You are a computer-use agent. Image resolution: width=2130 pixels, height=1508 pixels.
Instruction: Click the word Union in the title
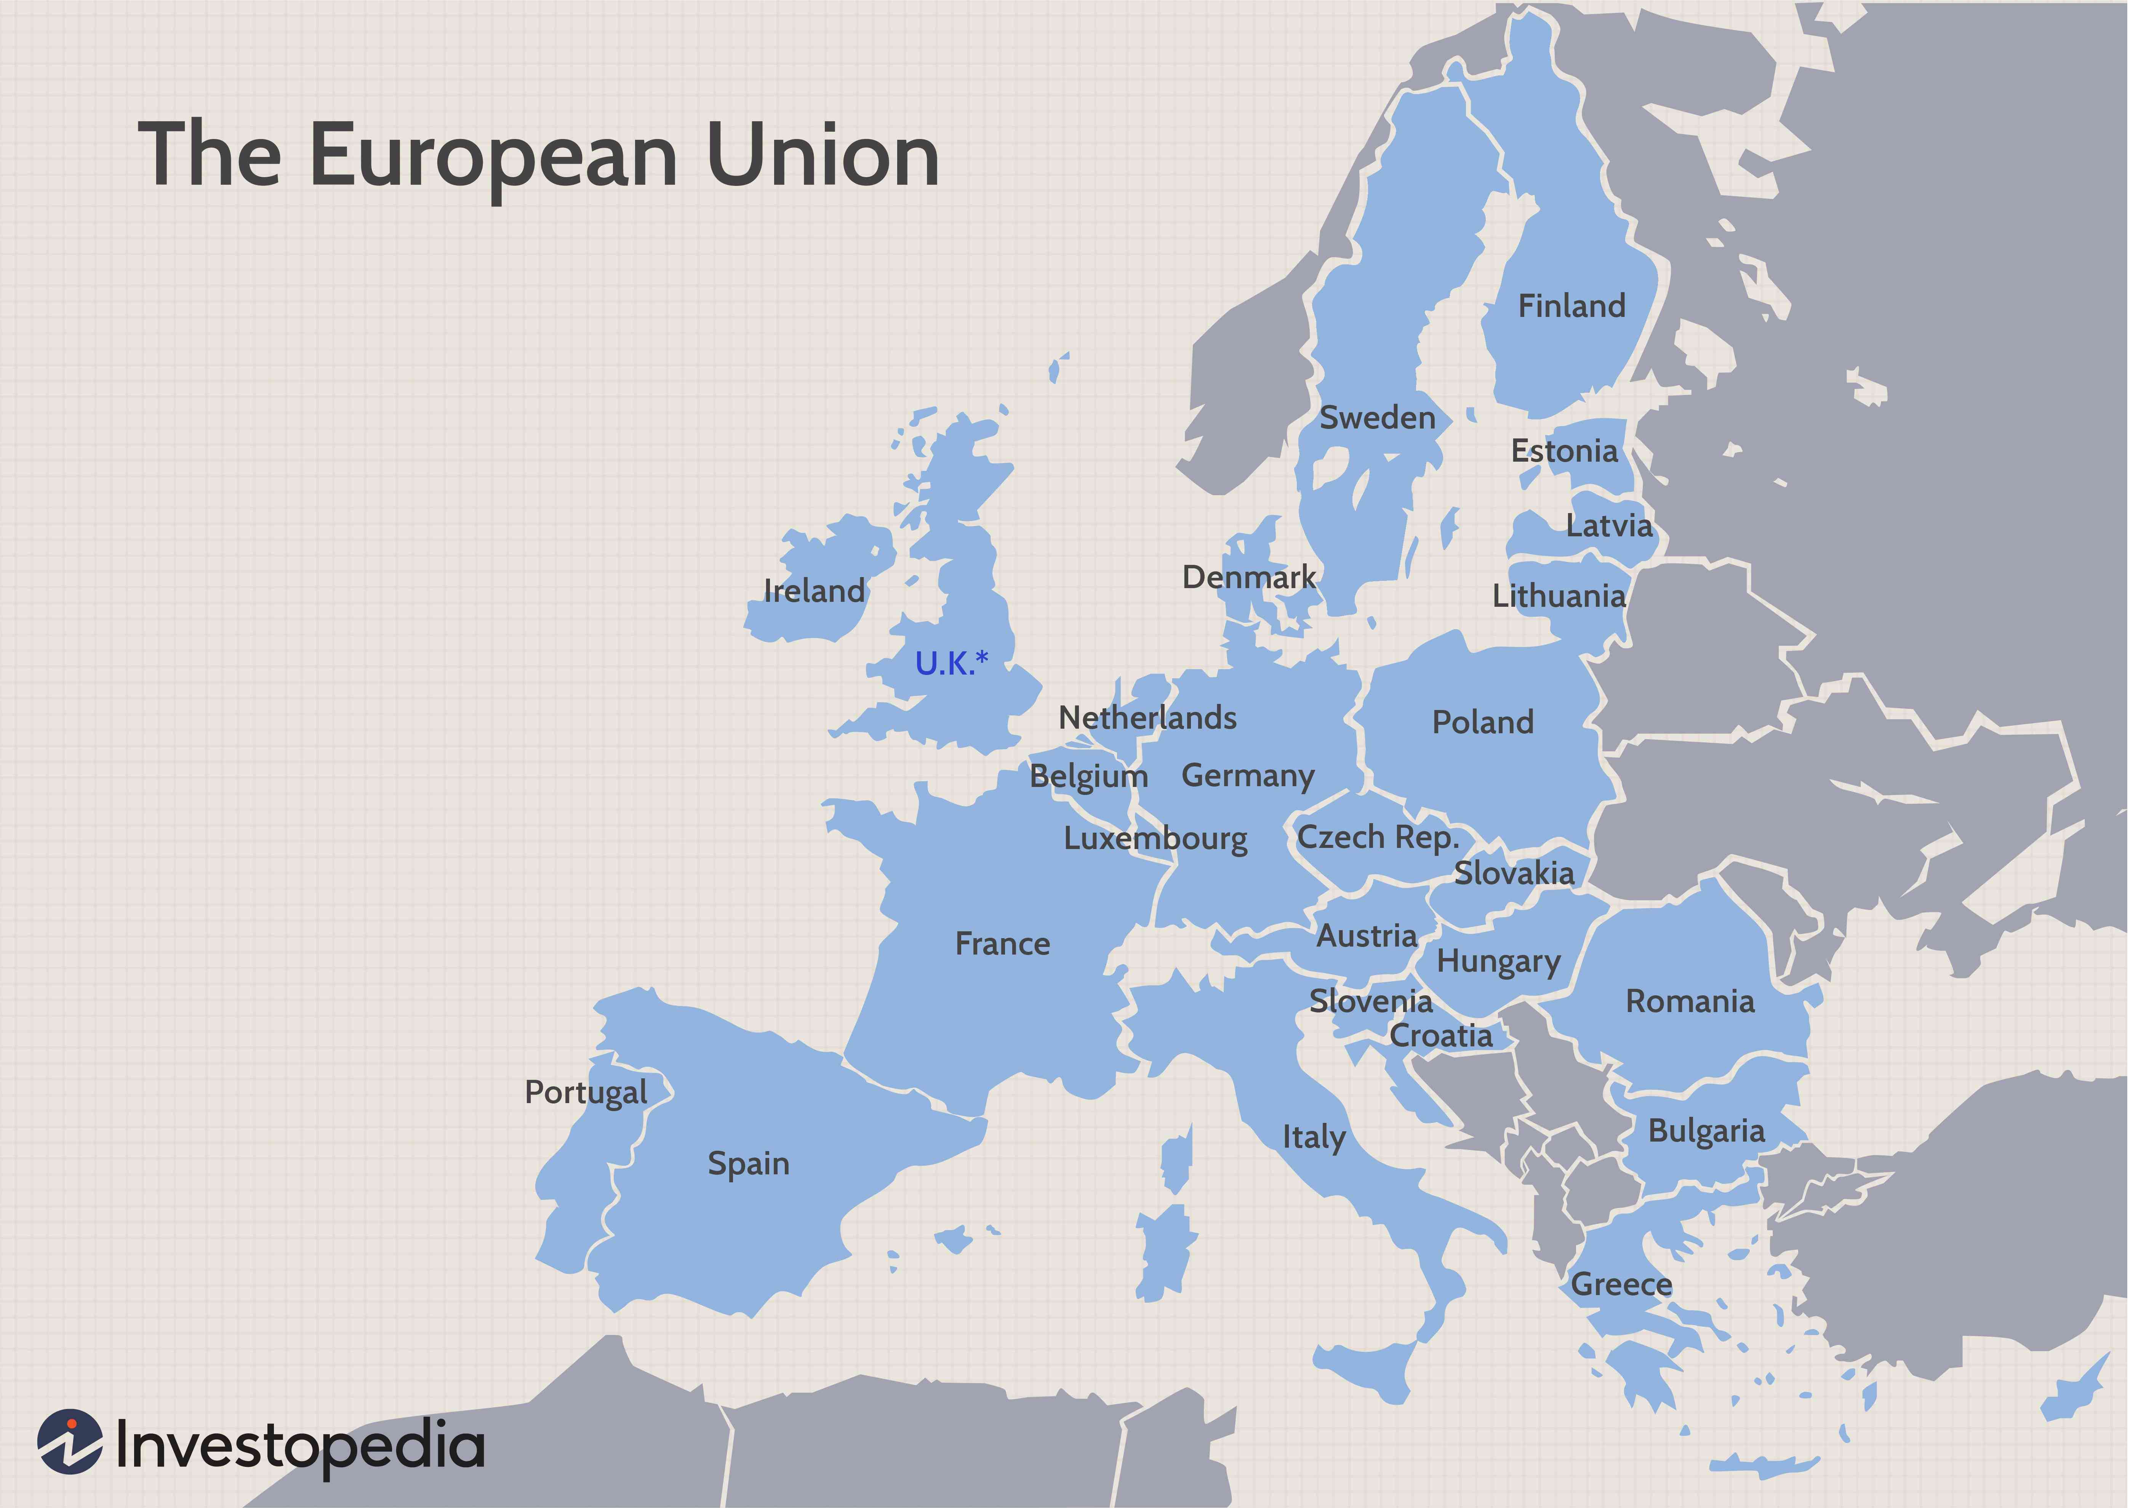point(823,155)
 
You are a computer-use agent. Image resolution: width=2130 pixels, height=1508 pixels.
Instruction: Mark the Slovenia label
point(1370,1001)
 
